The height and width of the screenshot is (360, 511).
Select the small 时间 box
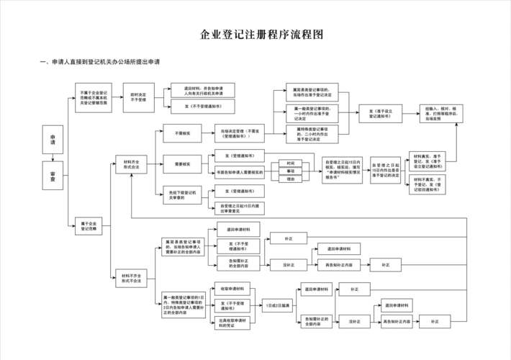[290, 163]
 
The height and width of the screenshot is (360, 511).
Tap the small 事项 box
[290, 171]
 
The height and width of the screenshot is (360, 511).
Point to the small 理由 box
[290, 179]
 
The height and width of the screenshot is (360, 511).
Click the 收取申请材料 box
[232, 289]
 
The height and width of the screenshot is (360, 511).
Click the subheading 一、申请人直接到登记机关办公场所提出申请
[100, 62]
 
